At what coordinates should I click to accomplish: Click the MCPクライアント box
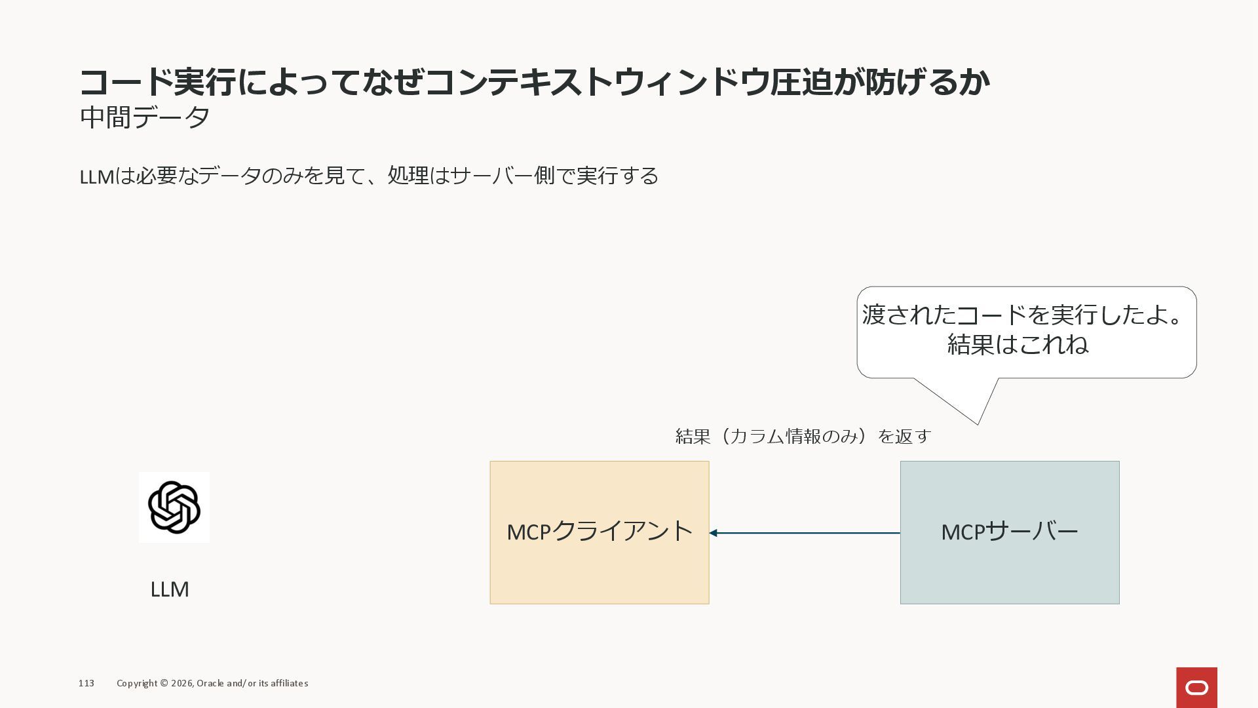point(599,532)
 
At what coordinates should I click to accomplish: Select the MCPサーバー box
point(1009,532)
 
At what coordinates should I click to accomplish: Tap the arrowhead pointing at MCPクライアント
point(714,533)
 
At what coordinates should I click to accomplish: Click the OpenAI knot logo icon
point(174,507)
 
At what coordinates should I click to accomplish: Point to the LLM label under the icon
point(170,589)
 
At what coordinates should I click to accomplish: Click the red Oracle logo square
point(1196,687)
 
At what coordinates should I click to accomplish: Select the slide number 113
point(86,683)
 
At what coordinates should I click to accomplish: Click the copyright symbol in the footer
point(164,683)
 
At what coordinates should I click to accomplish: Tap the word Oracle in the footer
point(210,683)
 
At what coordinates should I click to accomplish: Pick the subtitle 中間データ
point(145,117)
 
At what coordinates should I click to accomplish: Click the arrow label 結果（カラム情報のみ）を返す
point(803,436)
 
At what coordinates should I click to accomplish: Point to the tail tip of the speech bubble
point(978,423)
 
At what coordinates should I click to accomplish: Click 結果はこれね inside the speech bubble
point(1018,344)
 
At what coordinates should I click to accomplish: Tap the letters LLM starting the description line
point(96,176)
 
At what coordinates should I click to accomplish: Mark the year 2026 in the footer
point(181,683)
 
